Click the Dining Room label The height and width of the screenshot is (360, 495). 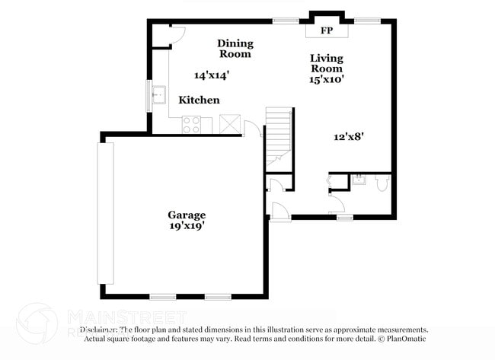[235, 49]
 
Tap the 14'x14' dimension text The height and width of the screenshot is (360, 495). [211, 75]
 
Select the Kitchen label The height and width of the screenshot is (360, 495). [200, 100]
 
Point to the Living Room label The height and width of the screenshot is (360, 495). [327, 63]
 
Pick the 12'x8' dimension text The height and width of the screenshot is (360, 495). [348, 137]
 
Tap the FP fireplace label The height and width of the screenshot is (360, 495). [327, 31]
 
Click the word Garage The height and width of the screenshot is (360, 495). [187, 215]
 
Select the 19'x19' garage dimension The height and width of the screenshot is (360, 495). [187, 226]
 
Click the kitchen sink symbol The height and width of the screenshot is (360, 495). [159, 96]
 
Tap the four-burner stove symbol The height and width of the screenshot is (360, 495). [191, 125]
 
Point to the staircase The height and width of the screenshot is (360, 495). [279, 137]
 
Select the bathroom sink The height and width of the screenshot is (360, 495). [359, 180]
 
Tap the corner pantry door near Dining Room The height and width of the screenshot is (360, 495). [176, 32]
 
